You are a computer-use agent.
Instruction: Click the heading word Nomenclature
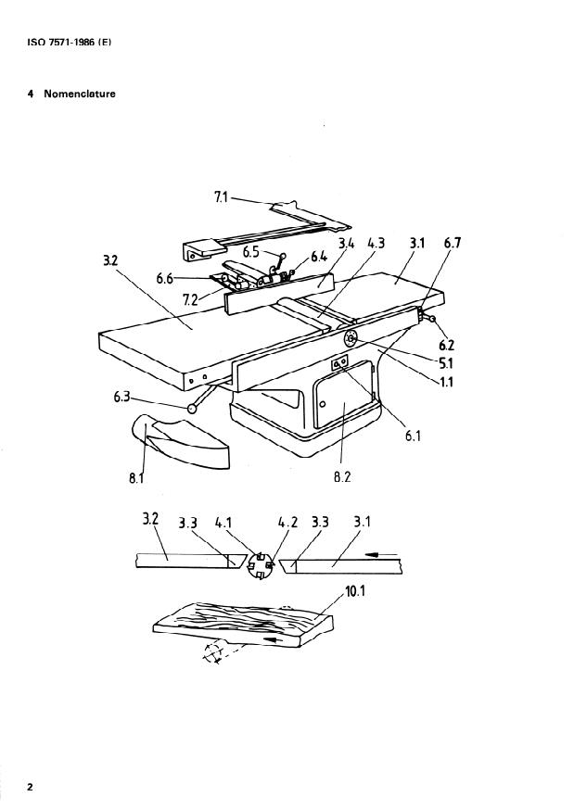80,94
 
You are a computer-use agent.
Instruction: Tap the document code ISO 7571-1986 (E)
70,43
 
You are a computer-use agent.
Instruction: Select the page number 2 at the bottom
30,788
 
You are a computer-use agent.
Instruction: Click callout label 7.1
221,197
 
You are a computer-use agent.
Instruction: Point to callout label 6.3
121,398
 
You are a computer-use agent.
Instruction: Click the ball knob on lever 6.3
194,409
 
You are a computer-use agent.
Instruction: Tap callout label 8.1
136,478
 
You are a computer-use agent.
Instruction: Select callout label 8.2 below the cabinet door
342,477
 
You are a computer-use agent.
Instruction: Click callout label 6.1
413,436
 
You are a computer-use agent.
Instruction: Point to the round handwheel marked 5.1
351,339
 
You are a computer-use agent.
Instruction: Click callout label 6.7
453,243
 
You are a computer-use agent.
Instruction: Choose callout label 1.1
445,382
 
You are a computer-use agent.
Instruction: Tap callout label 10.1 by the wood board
354,591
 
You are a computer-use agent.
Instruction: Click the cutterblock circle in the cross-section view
261,565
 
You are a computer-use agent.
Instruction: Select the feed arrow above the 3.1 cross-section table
381,555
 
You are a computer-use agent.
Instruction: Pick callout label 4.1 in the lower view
223,524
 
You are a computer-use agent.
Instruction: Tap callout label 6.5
251,252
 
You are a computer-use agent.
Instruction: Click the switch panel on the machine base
339,364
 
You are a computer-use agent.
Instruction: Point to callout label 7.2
190,299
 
